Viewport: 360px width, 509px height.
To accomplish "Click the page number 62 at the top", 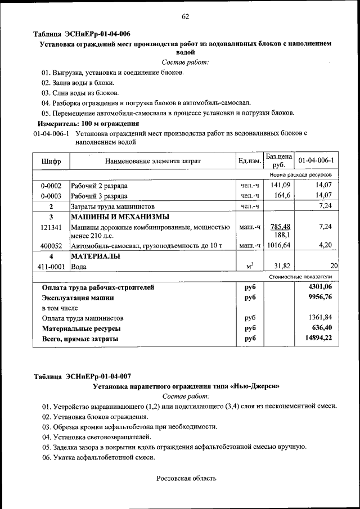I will tap(185, 16).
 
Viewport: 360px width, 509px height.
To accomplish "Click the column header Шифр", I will tap(51, 162).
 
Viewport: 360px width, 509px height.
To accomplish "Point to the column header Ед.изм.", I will tap(250, 162).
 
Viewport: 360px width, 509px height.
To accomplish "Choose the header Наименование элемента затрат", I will tap(152, 162).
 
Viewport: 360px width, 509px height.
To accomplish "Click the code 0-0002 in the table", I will tap(51, 185).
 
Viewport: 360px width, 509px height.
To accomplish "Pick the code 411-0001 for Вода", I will tap(51, 267).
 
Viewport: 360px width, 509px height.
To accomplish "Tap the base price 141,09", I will tap(280, 185).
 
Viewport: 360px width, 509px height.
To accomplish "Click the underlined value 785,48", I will tap(280, 227).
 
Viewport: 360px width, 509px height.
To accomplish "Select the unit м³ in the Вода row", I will tap(250, 266).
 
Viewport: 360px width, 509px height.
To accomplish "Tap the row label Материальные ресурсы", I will tap(82, 328).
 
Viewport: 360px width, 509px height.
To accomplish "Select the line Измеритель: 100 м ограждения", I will tap(88, 123).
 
